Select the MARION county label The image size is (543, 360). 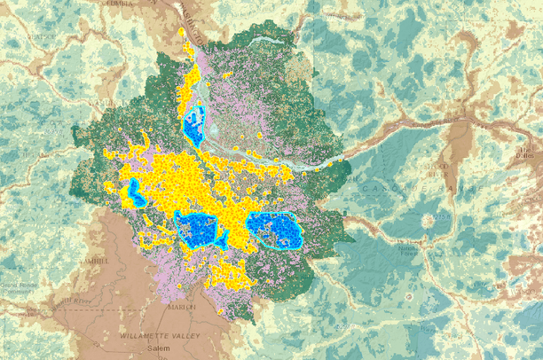coord(181,307)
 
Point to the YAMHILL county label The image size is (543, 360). coord(93,262)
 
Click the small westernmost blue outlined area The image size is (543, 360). coord(135,192)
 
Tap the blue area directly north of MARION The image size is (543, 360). coord(200,230)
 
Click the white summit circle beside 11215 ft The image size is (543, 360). coord(433,219)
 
